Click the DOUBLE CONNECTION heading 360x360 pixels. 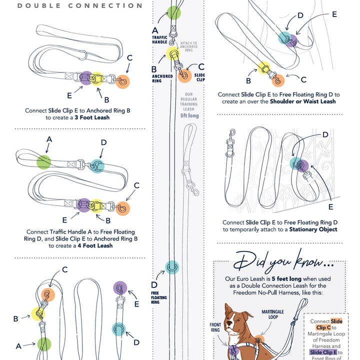(80, 6)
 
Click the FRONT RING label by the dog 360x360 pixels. (215, 327)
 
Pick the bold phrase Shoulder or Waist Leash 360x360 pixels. (303, 101)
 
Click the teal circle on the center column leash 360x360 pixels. (172, 267)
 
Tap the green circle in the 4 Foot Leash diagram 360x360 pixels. (44, 161)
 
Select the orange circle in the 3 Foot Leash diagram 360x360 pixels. (122, 81)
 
